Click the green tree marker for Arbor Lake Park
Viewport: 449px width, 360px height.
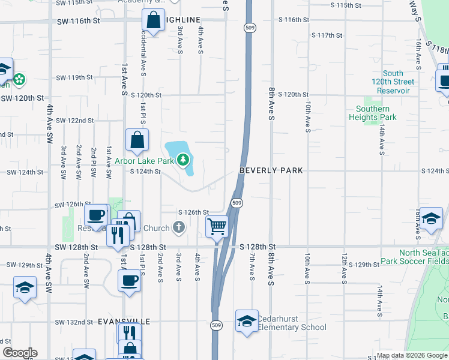pos(183,160)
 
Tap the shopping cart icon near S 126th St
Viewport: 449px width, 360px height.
pos(217,227)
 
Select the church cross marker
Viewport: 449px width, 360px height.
pos(178,227)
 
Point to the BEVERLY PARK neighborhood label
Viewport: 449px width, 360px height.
pos(270,170)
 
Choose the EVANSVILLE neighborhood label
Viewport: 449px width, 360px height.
pos(124,322)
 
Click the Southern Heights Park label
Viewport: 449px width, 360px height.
pos(372,113)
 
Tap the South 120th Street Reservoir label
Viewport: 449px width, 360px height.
pos(393,82)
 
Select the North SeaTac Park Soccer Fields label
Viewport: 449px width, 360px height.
pos(414,257)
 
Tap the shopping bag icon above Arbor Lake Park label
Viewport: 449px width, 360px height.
pos(137,140)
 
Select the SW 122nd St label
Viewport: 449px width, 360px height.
pos(75,121)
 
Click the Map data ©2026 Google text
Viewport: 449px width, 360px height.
pos(412,356)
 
